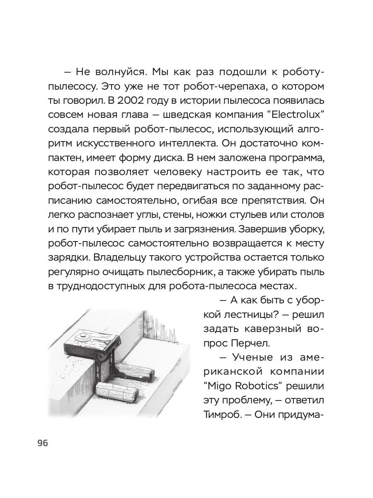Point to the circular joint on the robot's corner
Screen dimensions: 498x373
(x=100, y=356)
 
